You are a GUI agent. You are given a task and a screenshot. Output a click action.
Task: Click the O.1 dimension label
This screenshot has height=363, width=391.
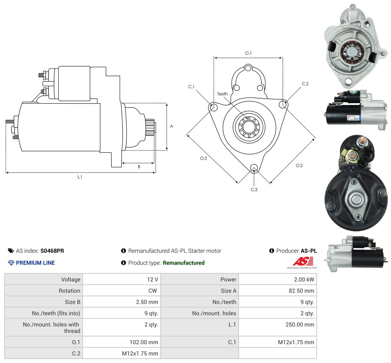(x=248, y=53)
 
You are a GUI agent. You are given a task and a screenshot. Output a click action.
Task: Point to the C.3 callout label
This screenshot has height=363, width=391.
(x=254, y=190)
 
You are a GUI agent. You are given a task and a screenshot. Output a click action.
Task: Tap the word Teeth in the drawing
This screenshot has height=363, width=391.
(x=222, y=94)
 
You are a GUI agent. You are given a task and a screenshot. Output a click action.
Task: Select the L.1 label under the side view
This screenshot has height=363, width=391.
(x=80, y=177)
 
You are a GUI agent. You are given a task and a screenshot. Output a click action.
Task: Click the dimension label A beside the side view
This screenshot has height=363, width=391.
(x=171, y=126)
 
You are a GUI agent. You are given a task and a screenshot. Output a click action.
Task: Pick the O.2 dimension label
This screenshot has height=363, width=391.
(x=299, y=165)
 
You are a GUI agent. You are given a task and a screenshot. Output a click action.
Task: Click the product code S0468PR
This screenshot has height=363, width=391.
(x=52, y=251)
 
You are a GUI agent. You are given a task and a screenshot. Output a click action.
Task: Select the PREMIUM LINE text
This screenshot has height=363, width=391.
(x=35, y=263)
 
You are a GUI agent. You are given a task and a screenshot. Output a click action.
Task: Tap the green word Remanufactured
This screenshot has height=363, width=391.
(x=184, y=263)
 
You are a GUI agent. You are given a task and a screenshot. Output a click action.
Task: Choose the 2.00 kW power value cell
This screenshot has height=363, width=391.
(x=278, y=279)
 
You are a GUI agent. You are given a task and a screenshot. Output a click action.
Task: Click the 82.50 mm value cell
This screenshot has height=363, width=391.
(x=278, y=291)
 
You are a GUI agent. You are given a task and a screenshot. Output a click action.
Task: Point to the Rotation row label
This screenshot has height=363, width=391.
(x=70, y=291)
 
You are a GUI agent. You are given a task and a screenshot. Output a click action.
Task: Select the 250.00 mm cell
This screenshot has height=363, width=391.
(x=278, y=327)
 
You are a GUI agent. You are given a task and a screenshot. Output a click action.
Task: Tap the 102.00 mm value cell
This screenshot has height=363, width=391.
(x=122, y=342)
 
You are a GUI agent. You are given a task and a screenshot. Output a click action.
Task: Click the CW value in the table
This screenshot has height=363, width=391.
(x=153, y=291)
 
